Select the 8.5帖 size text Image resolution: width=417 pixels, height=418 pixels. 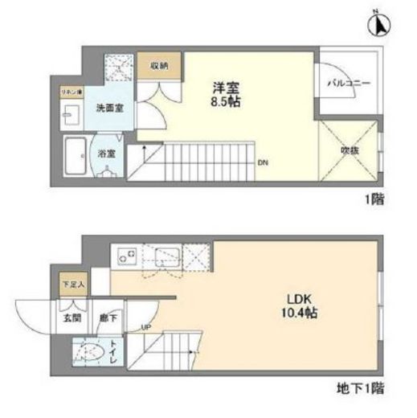point(223,103)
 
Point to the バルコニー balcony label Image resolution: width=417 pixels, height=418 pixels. point(347,83)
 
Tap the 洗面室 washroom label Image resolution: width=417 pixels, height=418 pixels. point(108,108)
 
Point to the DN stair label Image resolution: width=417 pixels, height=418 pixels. point(263,162)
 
